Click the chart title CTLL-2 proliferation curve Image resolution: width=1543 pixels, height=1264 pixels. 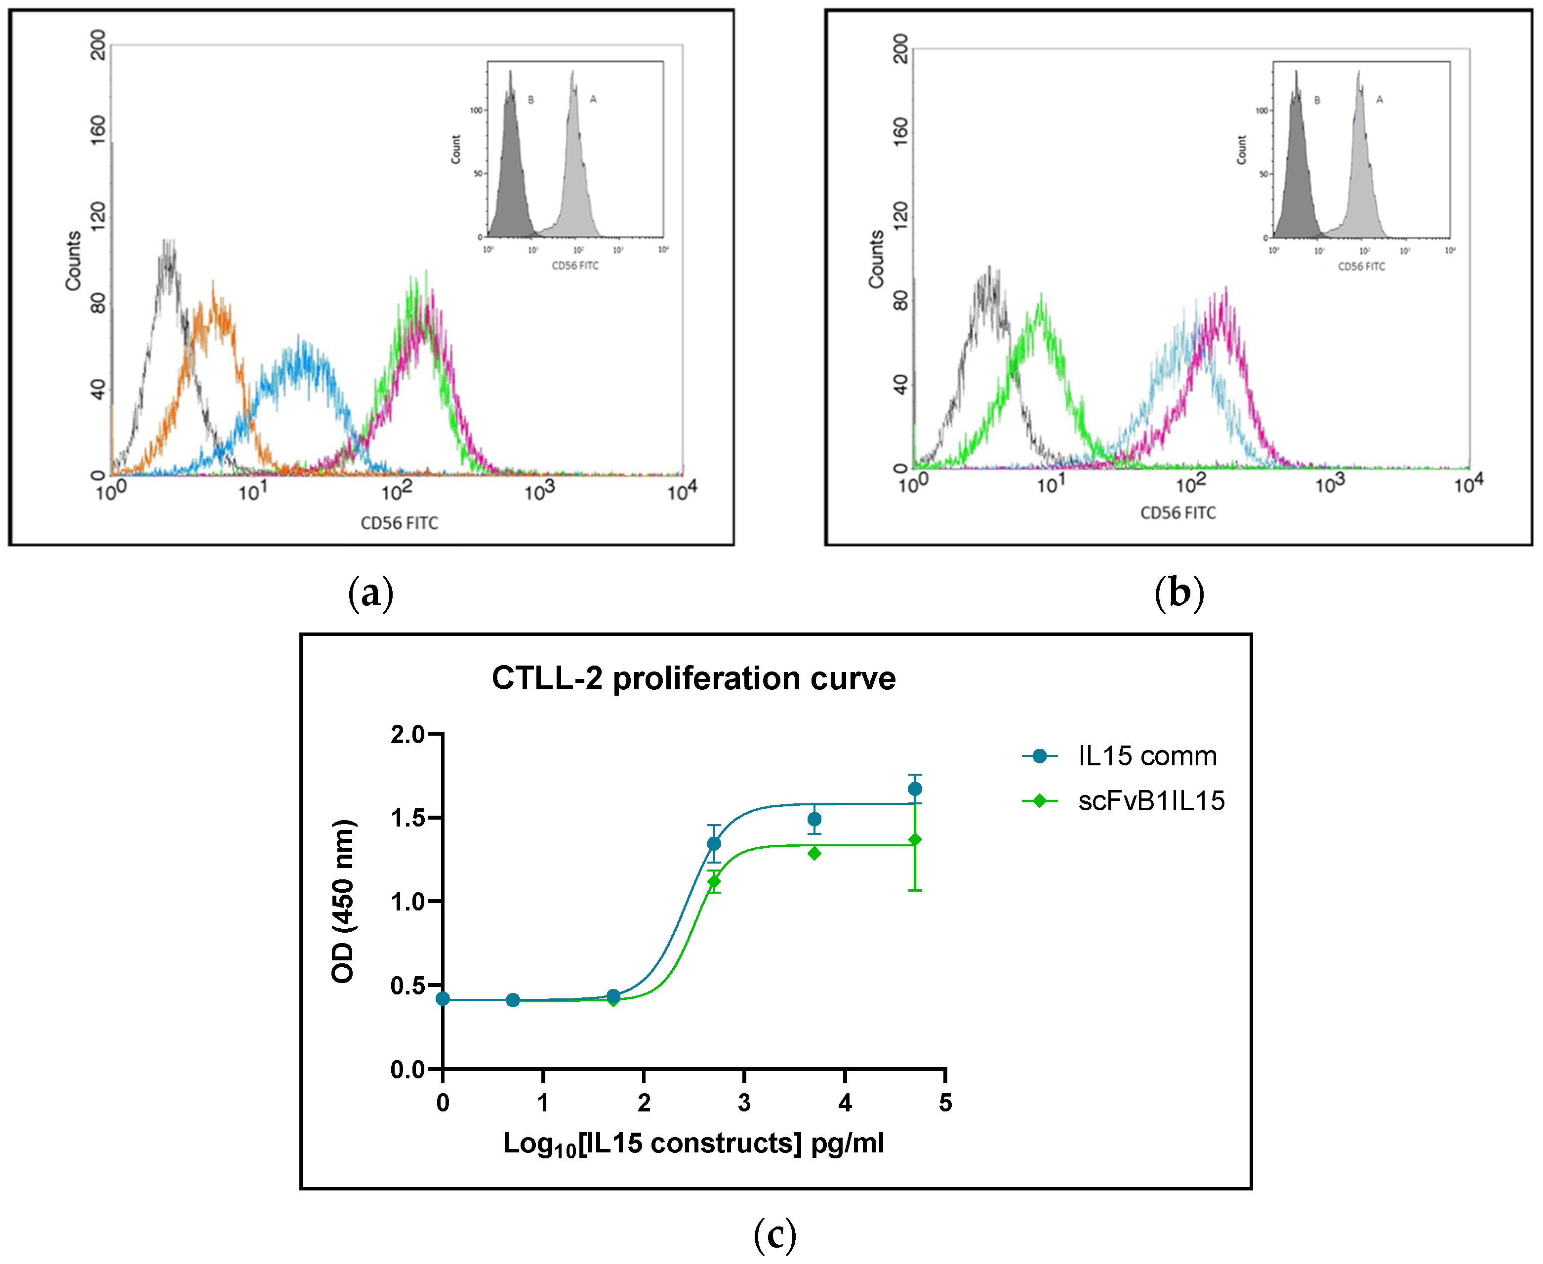tap(693, 678)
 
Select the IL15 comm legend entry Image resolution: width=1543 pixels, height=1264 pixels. tap(1146, 756)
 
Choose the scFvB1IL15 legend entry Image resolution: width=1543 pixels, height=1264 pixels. tap(1150, 801)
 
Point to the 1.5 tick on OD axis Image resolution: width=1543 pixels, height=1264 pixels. tap(408, 818)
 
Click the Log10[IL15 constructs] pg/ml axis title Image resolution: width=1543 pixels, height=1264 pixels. tap(693, 1143)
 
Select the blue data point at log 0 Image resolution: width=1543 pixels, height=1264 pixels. tap(443, 998)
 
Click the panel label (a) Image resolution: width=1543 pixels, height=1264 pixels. tap(370, 593)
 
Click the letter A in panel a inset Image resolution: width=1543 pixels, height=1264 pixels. tap(593, 100)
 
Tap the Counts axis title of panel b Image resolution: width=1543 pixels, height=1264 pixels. tap(876, 259)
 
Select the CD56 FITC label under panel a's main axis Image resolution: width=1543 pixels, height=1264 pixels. tap(399, 523)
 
